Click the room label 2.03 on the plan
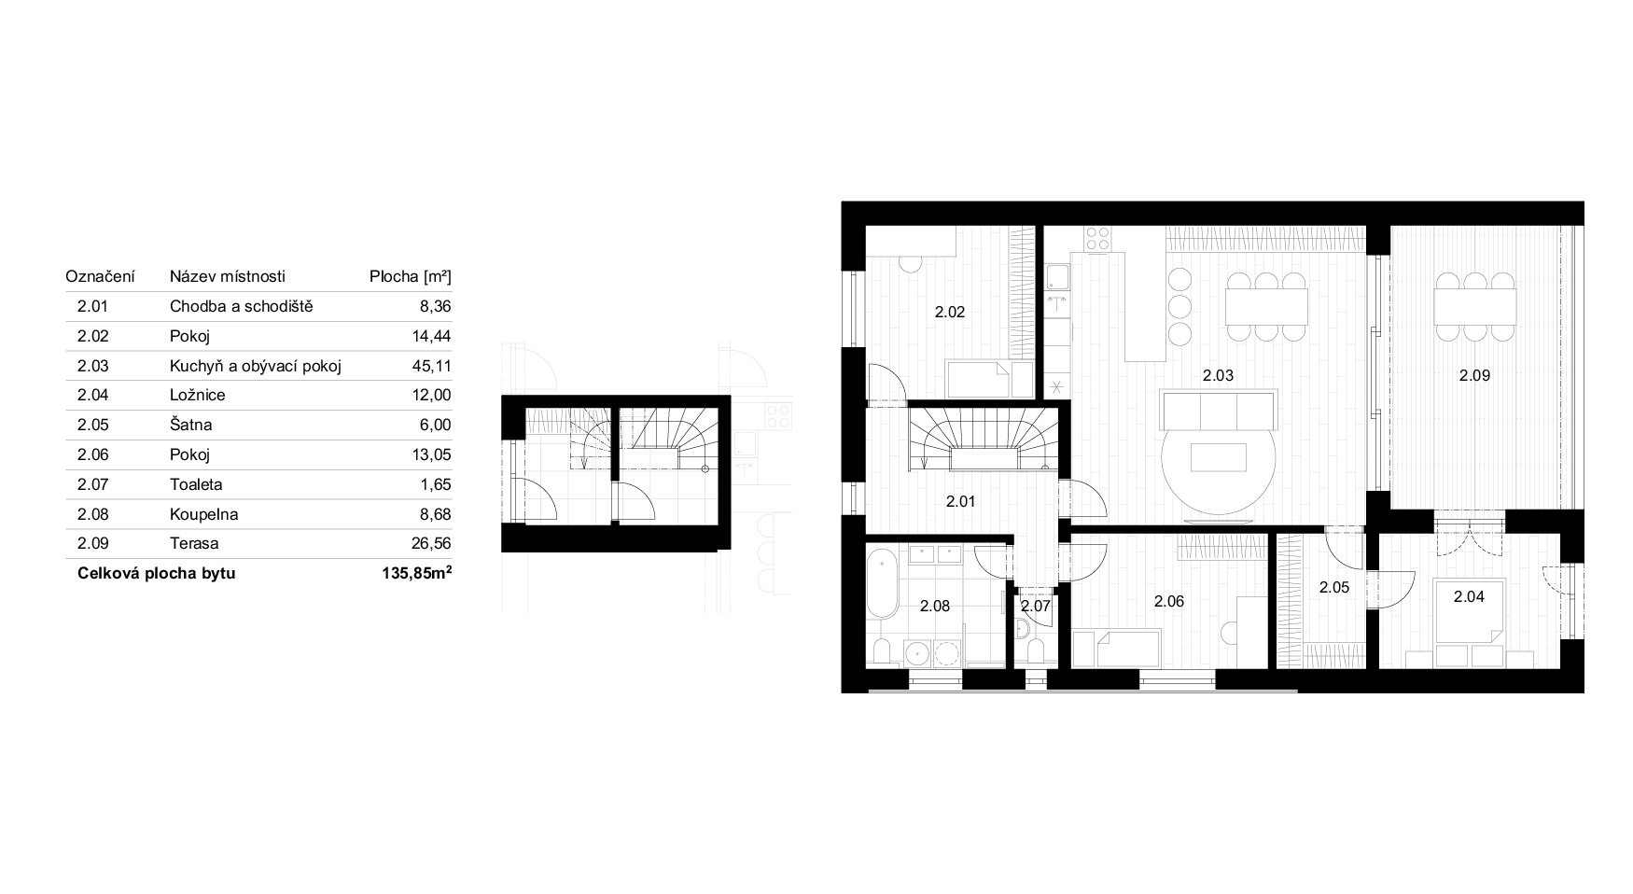pyautogui.click(x=1218, y=376)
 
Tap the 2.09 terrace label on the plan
pyautogui.click(x=1474, y=376)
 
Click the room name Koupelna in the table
pyautogui.click(x=203, y=514)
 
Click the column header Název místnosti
pyautogui.click(x=228, y=276)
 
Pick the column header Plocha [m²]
pyautogui.click(x=411, y=276)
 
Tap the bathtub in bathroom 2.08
pyautogui.click(x=882, y=584)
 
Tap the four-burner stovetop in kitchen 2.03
pyautogui.click(x=1098, y=239)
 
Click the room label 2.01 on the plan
pyautogui.click(x=960, y=501)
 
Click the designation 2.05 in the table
pyautogui.click(x=93, y=425)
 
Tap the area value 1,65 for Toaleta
pyautogui.click(x=437, y=484)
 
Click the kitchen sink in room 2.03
pyautogui.click(x=1057, y=278)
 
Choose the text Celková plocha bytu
pyautogui.click(x=157, y=573)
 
